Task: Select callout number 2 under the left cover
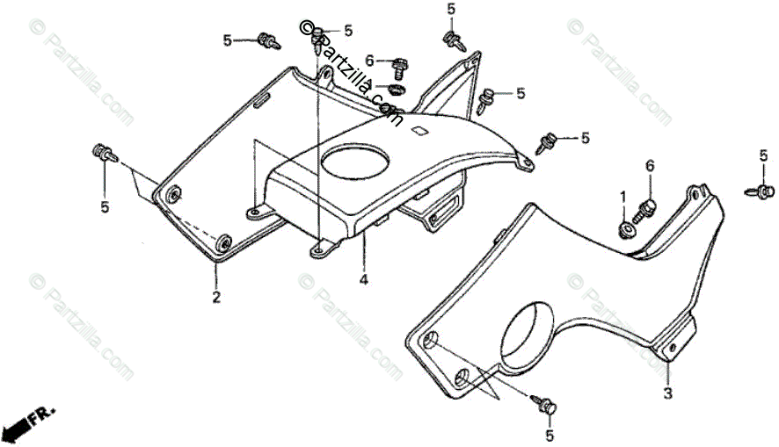tap(215, 297)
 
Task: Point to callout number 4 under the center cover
tap(361, 281)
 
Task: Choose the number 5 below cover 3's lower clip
tap(550, 435)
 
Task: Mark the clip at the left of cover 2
tap(105, 155)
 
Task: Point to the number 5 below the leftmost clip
tap(105, 207)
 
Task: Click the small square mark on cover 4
tap(420, 133)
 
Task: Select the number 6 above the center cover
tap(370, 61)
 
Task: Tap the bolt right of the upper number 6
tap(399, 63)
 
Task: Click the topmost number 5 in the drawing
tap(451, 9)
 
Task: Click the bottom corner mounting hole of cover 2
tap(224, 242)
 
